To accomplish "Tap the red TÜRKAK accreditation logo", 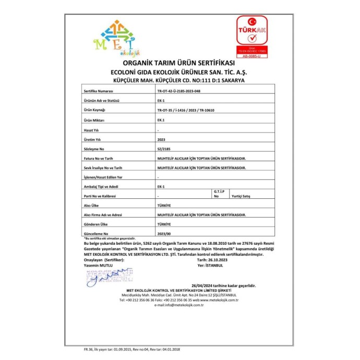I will click(x=252, y=37).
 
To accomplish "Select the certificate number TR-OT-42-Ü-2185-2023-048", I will click(x=179, y=91).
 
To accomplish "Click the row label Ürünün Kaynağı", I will click(x=95, y=110).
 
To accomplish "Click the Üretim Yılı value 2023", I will click(x=161, y=139).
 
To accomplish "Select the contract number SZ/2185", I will click(x=163, y=149).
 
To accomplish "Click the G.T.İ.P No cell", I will click(x=218, y=194).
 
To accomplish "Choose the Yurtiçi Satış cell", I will click(x=241, y=196).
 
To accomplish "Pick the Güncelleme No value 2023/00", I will click(x=164, y=234).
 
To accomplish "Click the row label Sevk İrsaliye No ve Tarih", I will click(x=103, y=167).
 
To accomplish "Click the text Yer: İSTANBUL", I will click(x=210, y=265).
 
